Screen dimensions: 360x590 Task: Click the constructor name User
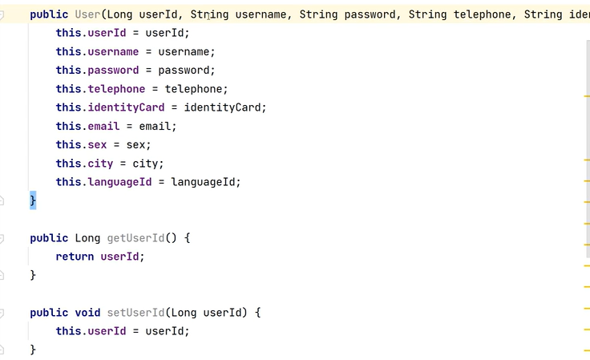[87, 14]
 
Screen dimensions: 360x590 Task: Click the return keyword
[75, 257]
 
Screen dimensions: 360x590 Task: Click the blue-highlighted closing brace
[33, 200]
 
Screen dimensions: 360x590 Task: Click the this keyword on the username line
[68, 51]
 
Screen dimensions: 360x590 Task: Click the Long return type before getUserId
[87, 238]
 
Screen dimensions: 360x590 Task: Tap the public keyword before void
[49, 313]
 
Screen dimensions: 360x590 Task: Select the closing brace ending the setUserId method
[33, 350]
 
